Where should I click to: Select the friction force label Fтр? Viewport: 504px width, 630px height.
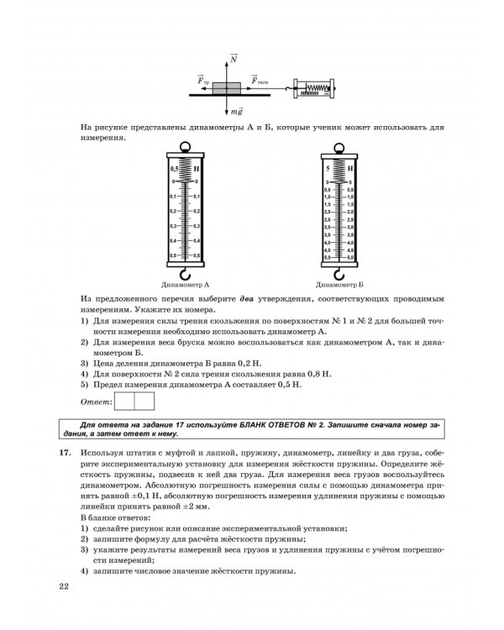(202, 81)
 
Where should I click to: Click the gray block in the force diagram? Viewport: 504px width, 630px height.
(226, 88)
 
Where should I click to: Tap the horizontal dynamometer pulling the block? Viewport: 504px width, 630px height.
(315, 87)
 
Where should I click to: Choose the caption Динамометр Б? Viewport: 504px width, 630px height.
(339, 286)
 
